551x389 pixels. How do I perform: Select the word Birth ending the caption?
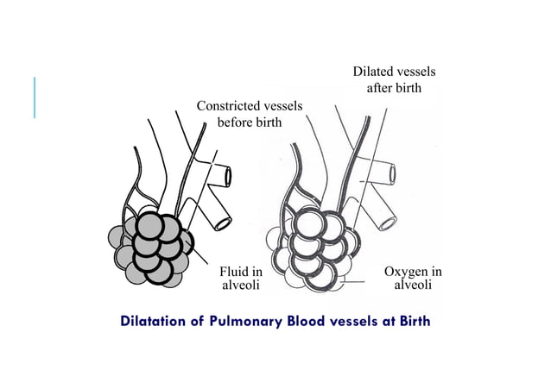click(x=411, y=323)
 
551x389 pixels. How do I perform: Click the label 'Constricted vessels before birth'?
click(x=249, y=114)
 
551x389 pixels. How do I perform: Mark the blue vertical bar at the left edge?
click(x=35, y=97)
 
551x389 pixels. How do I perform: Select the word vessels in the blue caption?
click(x=358, y=323)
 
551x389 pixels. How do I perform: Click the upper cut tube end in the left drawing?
click(x=228, y=177)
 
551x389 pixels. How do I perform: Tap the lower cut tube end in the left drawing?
click(x=222, y=223)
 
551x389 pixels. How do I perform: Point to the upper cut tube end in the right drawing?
click(x=392, y=174)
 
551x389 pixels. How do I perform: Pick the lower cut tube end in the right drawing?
click(x=385, y=223)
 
